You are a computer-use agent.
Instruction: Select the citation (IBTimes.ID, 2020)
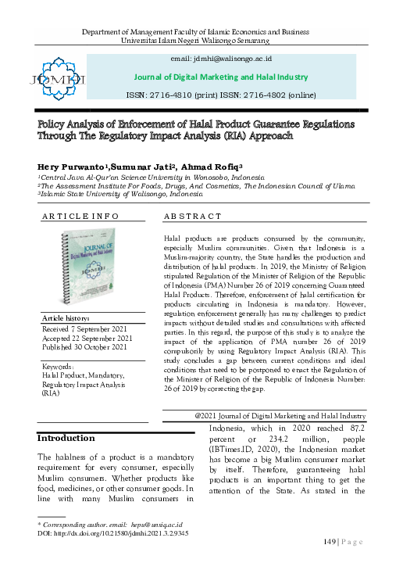point(242,452)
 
